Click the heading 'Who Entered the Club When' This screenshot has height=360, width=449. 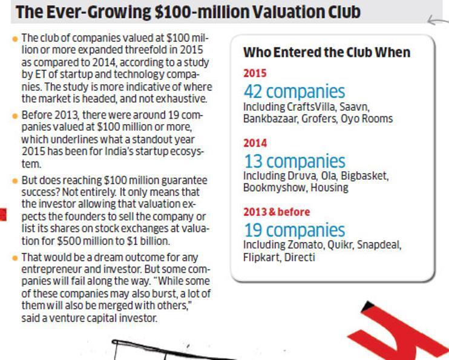pos(326,53)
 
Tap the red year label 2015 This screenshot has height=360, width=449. pos(255,74)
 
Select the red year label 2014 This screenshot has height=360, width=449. pos(255,143)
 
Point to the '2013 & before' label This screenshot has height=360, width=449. pos(276,212)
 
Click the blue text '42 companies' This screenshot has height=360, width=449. pos(294,92)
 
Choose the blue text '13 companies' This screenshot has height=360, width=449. pos(294,162)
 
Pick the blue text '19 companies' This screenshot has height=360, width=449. pos(294,231)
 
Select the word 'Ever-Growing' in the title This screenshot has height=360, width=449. pos(91,11)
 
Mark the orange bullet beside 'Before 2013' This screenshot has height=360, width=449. pos(15,115)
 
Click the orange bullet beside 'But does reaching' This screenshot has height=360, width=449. pos(15,181)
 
